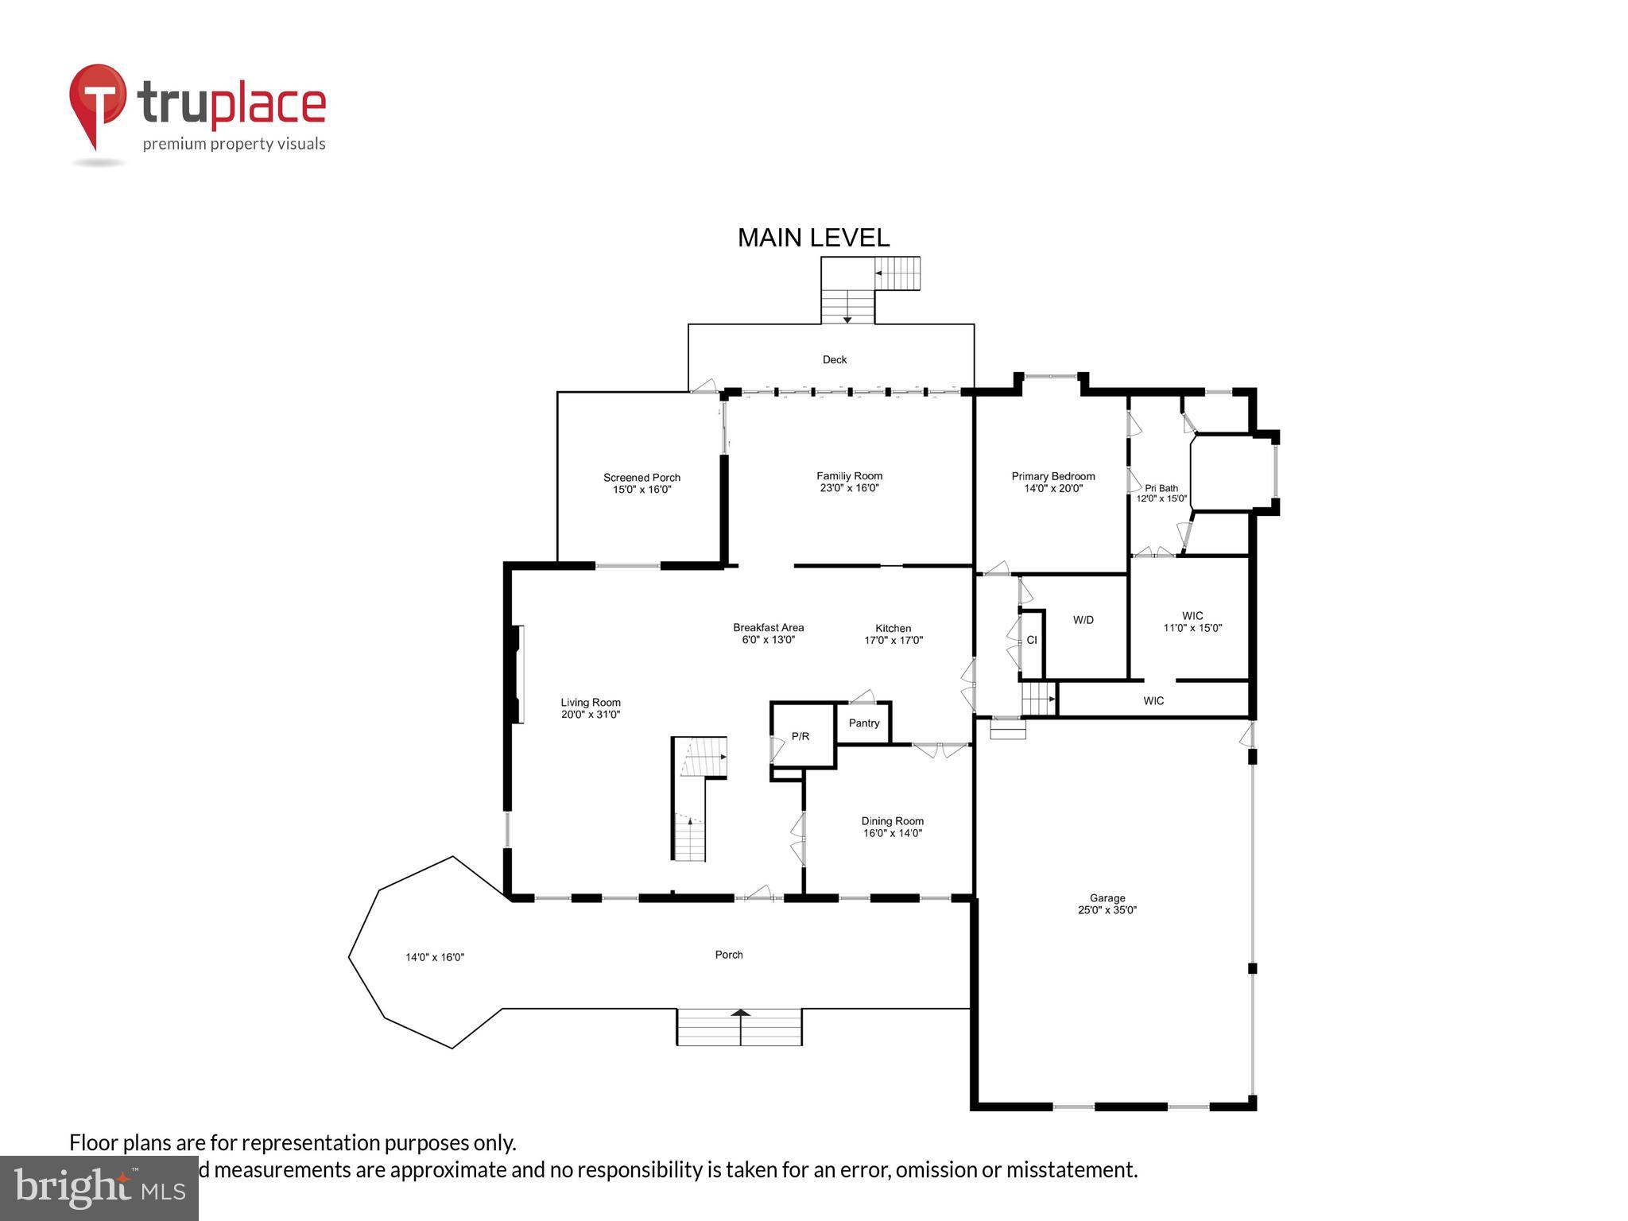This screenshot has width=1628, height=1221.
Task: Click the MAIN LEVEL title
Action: tap(813, 238)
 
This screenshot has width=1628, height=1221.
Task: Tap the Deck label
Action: tap(834, 360)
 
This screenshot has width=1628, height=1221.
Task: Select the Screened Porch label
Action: tap(642, 478)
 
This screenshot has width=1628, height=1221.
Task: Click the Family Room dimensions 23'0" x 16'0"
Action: tap(849, 489)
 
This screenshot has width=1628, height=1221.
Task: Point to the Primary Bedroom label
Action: tap(1052, 476)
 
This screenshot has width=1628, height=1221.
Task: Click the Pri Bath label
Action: tap(1161, 488)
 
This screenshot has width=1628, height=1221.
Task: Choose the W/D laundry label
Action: tap(1083, 620)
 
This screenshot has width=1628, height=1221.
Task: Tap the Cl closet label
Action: tap(1031, 640)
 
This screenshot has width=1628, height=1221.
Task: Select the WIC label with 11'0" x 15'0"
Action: tap(1192, 616)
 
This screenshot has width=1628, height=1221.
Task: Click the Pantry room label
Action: tap(863, 723)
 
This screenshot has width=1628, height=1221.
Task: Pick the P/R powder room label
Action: tap(800, 737)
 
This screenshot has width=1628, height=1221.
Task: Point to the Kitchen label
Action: tap(893, 628)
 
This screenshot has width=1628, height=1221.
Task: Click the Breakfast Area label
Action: tap(768, 627)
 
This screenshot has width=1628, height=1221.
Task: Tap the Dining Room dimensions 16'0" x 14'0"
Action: tap(892, 834)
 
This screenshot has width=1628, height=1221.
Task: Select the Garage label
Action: tap(1107, 898)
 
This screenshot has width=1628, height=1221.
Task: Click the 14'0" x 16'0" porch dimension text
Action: tap(435, 958)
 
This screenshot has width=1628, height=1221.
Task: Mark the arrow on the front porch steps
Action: tap(740, 1014)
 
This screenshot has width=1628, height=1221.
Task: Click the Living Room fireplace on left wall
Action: tap(518, 674)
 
